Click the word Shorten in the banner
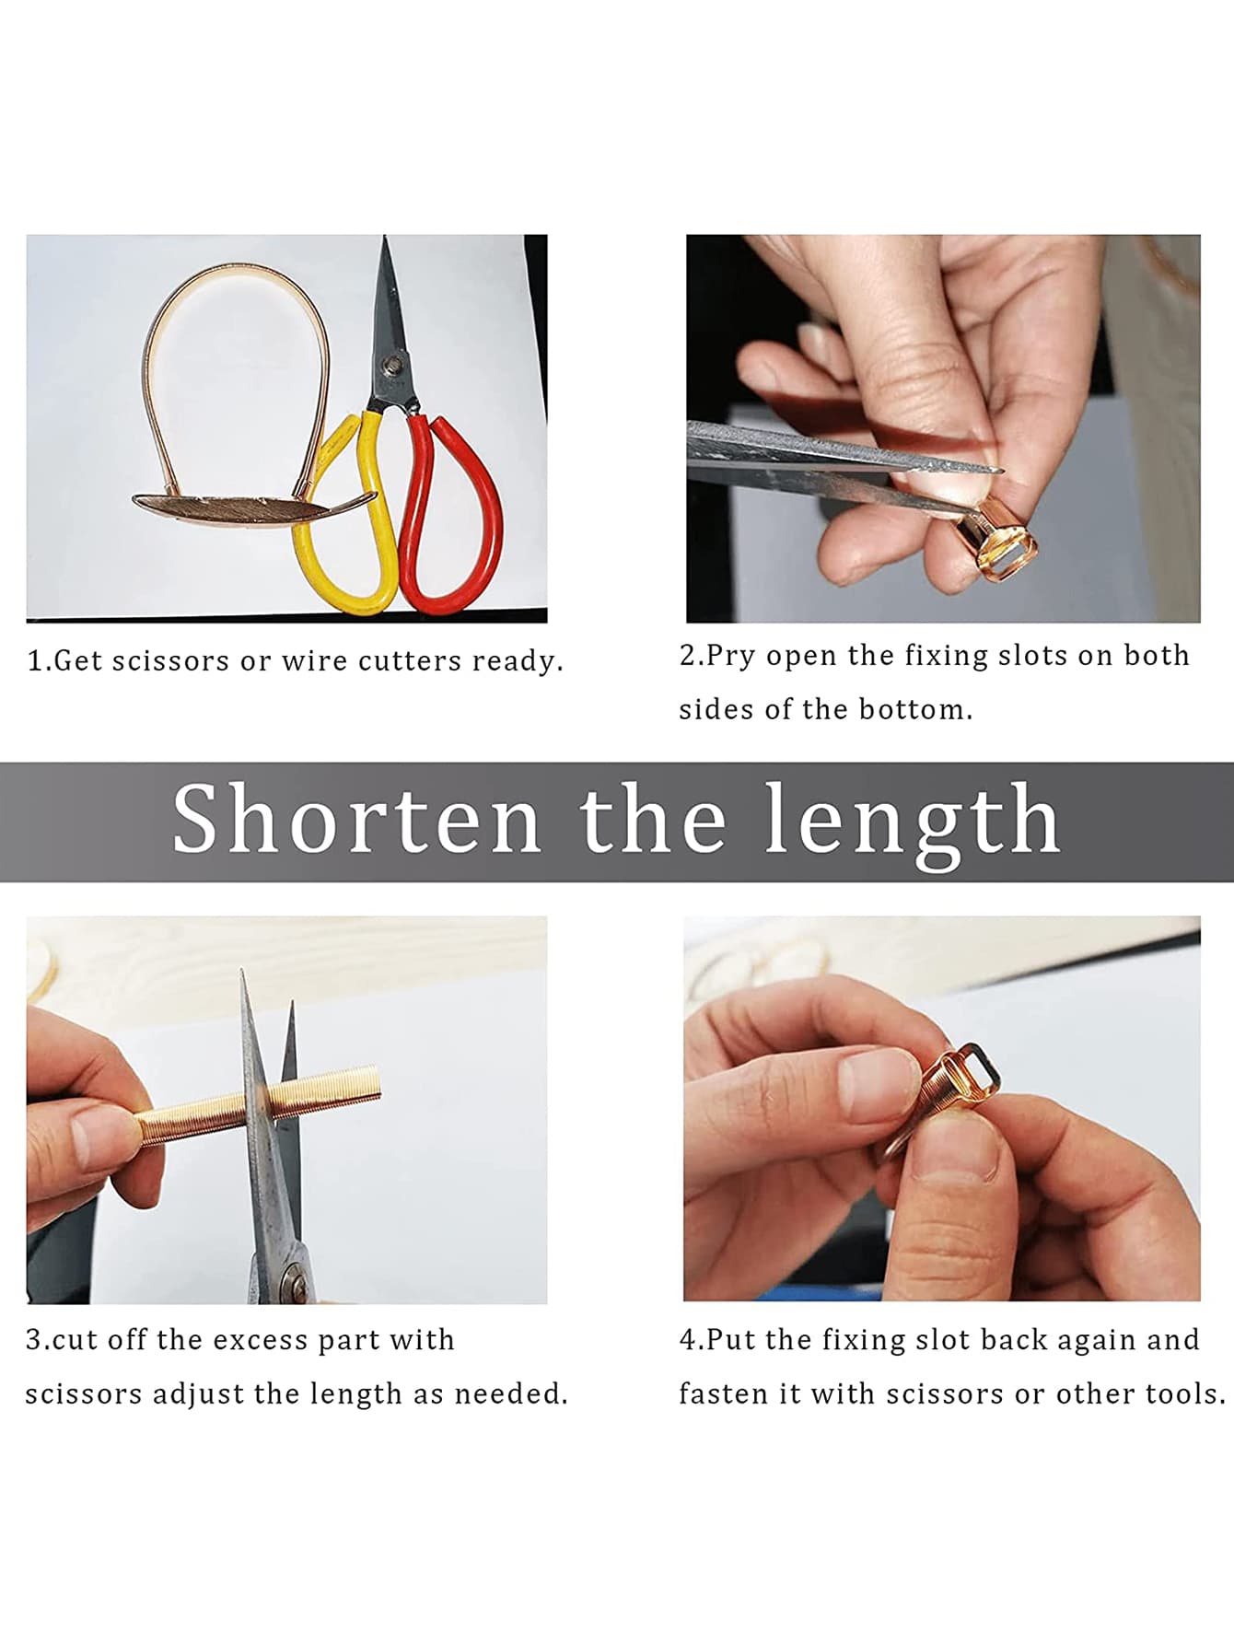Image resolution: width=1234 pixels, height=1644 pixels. click(x=357, y=819)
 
